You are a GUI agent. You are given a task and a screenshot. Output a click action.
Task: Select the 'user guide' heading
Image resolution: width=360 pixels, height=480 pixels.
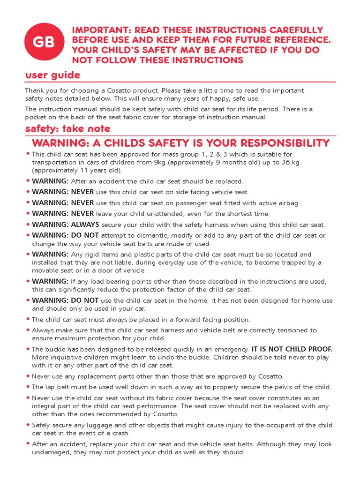pyautogui.click(x=52, y=75)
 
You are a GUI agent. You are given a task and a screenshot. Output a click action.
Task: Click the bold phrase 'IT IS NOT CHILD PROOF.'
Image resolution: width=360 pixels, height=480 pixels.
pyautogui.click(x=292, y=349)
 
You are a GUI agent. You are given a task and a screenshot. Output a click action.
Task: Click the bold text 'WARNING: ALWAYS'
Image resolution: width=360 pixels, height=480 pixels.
pyautogui.click(x=66, y=225)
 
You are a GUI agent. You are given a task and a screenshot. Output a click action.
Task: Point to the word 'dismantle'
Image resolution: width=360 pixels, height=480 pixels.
pyautogui.click(x=146, y=236)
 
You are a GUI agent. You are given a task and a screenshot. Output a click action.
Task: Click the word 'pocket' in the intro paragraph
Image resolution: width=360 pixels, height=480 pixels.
pyautogui.click(x=36, y=117)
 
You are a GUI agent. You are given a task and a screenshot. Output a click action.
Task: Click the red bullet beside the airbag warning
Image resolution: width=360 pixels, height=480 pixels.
pyautogui.click(x=28, y=202)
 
